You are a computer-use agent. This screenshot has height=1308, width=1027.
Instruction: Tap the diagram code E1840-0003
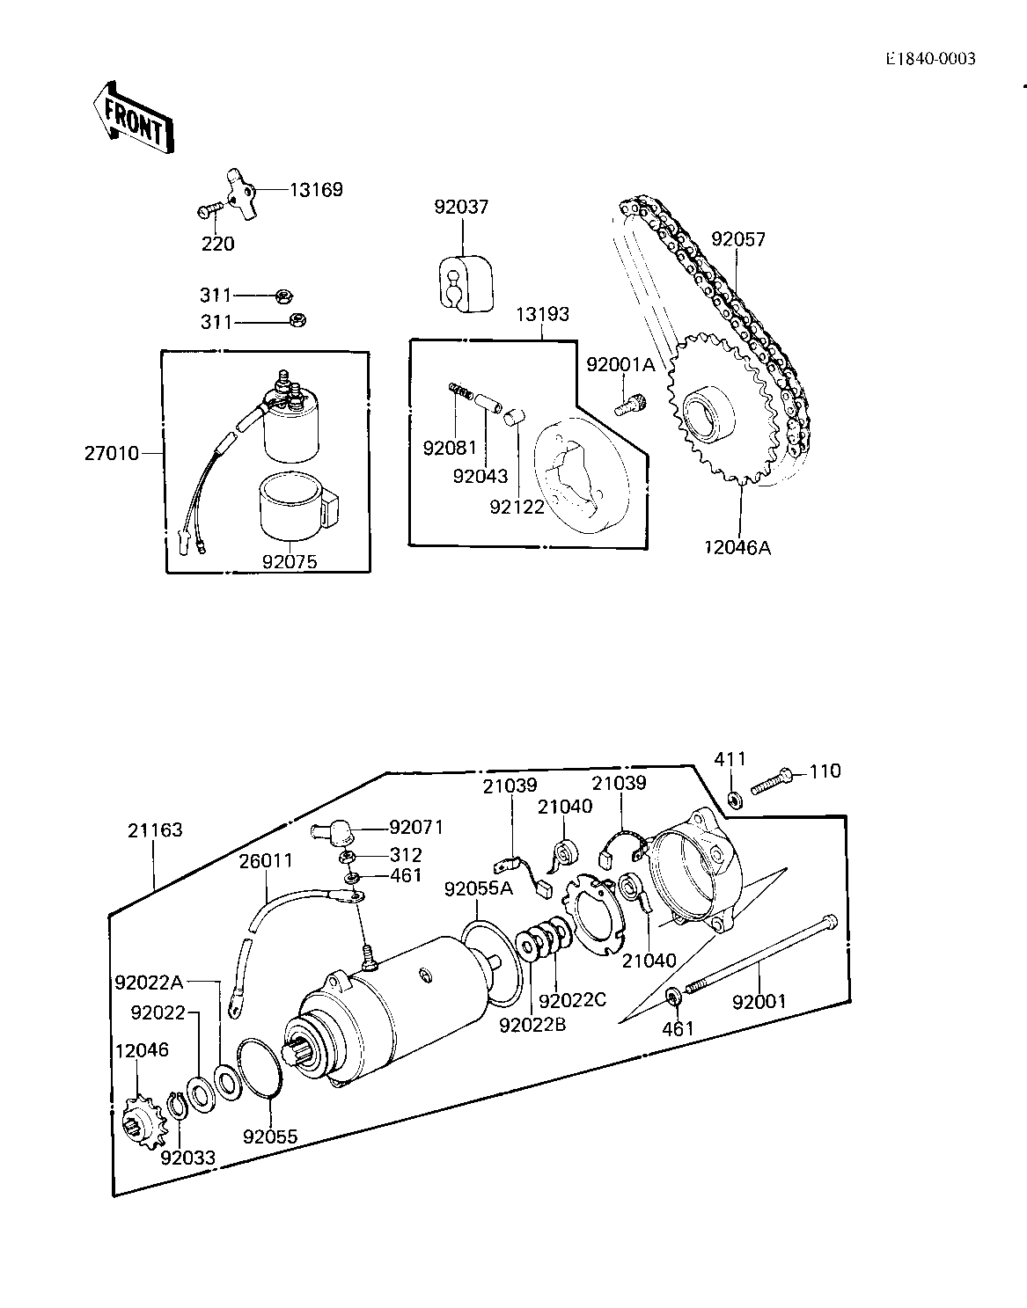pyautogui.click(x=931, y=58)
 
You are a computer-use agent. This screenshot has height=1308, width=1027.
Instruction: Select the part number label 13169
pyautogui.click(x=316, y=190)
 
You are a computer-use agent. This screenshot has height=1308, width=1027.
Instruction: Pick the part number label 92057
pyautogui.click(x=738, y=239)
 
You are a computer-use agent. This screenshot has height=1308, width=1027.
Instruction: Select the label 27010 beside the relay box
pyautogui.click(x=112, y=453)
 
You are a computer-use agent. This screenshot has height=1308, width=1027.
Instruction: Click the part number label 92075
pyautogui.click(x=290, y=561)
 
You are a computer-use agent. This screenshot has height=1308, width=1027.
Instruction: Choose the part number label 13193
pyautogui.click(x=542, y=314)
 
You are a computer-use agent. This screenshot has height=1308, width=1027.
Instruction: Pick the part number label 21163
pyautogui.click(x=155, y=830)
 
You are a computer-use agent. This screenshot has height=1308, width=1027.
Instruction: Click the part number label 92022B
pyautogui.click(x=532, y=1025)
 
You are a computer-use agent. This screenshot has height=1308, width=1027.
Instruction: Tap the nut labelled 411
pyautogui.click(x=735, y=800)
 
